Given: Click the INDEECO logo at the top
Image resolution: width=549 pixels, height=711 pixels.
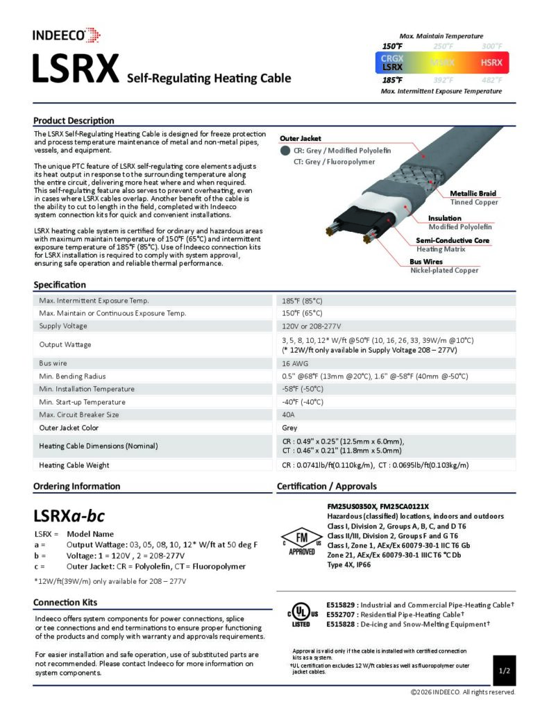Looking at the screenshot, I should coord(67,35).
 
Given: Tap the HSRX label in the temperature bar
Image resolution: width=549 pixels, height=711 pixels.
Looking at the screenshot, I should coord(491,63).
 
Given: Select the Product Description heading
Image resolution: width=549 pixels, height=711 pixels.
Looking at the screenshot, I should coord(74,120).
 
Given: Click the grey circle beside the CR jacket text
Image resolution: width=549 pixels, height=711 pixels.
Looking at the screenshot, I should coord(285,150).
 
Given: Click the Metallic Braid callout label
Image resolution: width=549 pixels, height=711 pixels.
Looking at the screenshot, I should coord(473,193).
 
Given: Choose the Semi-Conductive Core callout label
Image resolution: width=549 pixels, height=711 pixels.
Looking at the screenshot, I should coord(452,240).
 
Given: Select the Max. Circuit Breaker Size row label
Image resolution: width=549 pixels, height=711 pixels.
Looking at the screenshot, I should coord(78,415).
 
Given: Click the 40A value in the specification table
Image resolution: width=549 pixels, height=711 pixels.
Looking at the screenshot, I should coord(289,415).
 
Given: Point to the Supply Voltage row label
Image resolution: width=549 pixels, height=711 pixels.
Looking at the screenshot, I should coord(63,326).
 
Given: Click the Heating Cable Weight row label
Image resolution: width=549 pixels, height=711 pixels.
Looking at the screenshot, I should coord(74,465).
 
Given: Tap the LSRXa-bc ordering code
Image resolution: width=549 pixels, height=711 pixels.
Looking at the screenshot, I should coord(69,517).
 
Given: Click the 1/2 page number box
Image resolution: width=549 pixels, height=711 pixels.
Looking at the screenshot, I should coord(505,671).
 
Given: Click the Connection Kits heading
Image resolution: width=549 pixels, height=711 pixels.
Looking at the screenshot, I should coord(65,602).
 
